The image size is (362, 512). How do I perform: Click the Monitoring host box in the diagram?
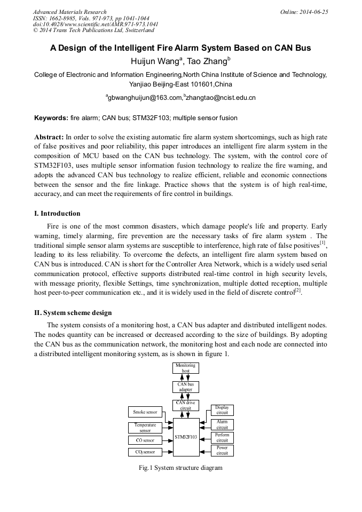tap(186, 368)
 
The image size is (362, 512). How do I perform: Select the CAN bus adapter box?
tap(186, 387)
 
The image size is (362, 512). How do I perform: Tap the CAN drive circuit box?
tap(186, 406)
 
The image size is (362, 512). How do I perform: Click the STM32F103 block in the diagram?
tap(186, 437)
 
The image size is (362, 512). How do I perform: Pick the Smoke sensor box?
tap(145, 412)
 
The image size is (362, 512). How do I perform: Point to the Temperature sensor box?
tap(145, 428)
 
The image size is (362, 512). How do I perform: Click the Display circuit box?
tap(222, 410)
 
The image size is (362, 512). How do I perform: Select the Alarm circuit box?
tap(222, 424)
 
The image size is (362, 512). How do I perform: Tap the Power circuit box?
tap(222, 451)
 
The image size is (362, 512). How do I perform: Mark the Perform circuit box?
tap(222, 438)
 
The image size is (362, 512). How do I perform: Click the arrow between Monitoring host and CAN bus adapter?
tap(186, 377)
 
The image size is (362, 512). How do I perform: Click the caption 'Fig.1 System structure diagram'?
tap(180, 468)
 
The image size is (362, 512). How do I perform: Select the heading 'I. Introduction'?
tap(57, 214)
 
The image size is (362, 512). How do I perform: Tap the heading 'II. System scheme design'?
tap(73, 312)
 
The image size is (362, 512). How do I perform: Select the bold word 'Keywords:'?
tap(51, 117)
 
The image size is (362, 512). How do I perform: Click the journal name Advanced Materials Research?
tap(69, 12)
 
